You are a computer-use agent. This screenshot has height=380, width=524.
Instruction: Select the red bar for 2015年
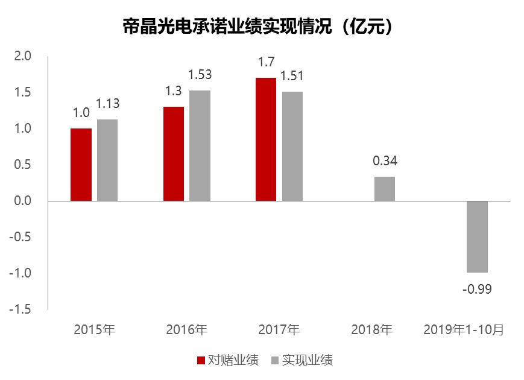click(x=81, y=164)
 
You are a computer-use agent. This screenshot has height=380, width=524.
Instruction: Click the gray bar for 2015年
click(x=107, y=160)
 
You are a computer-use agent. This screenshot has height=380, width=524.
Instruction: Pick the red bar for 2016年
click(x=174, y=153)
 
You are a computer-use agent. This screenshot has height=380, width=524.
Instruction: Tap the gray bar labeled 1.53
click(x=200, y=145)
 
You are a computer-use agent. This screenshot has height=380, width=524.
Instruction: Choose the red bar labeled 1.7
click(x=266, y=139)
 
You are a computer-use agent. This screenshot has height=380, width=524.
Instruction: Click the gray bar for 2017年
click(x=292, y=146)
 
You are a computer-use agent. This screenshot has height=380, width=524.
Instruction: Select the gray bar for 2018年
click(x=385, y=189)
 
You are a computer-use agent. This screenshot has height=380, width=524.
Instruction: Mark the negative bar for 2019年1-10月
click(x=477, y=236)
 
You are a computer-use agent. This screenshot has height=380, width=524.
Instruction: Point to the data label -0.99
click(x=477, y=290)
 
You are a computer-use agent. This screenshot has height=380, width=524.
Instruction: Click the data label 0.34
click(x=385, y=162)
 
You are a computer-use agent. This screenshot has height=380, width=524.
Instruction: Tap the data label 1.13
click(x=107, y=104)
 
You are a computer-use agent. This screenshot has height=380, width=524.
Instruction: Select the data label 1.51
click(x=292, y=76)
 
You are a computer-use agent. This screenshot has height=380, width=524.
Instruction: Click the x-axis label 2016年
click(x=186, y=330)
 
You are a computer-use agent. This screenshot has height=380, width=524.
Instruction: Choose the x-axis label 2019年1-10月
click(x=464, y=330)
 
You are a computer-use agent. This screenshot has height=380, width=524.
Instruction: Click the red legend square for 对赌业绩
click(x=201, y=361)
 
